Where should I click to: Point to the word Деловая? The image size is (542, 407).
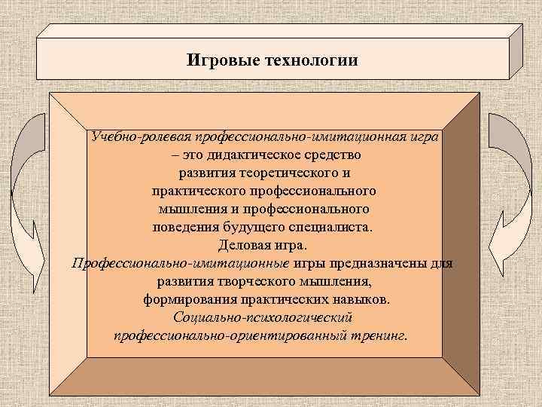click(242, 244)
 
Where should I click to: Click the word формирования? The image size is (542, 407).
click(189, 299)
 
